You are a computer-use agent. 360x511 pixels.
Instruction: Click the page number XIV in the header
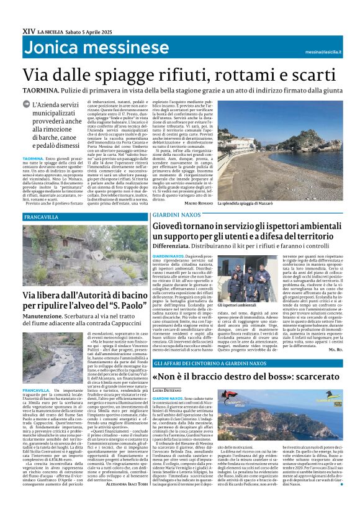pyautogui.click(x=27, y=29)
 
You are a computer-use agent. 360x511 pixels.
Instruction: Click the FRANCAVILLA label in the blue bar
pyautogui.click(x=40, y=217)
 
